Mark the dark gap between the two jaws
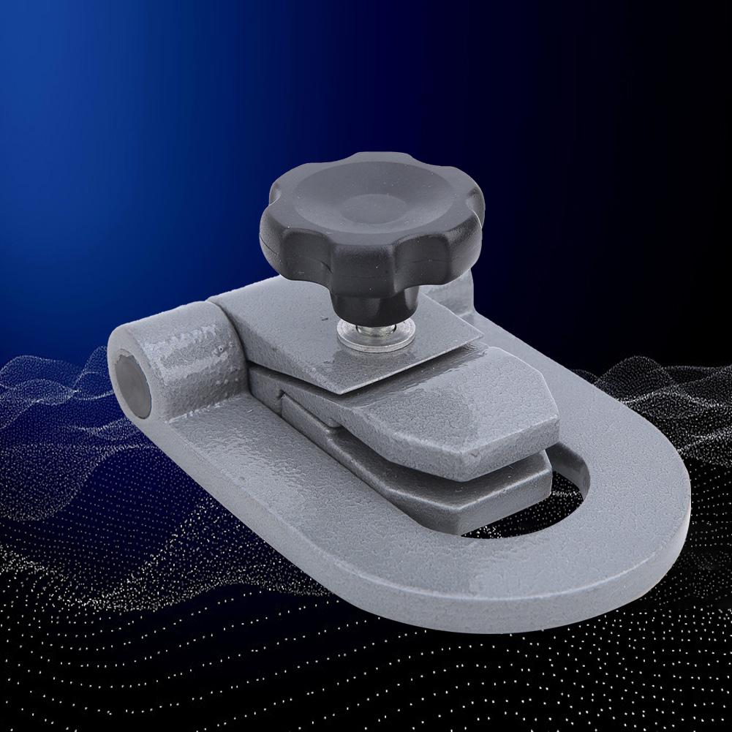pos(410,446)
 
